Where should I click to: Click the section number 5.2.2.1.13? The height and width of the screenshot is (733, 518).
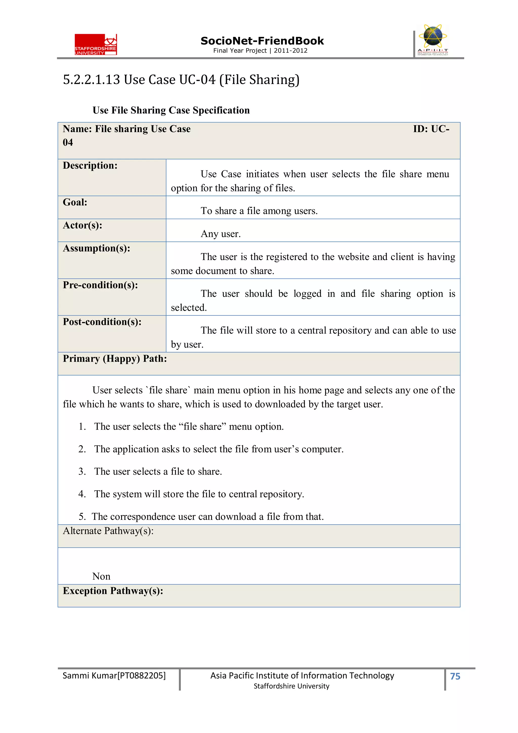point(91,80)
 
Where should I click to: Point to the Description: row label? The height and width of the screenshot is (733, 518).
point(90,166)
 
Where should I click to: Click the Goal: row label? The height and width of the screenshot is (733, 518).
point(75,202)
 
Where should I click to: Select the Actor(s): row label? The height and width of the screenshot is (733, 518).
point(82,225)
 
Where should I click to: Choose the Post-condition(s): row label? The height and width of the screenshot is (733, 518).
point(102,322)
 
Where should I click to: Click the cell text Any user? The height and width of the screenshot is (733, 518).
point(221,234)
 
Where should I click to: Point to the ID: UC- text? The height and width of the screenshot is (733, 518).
point(431,129)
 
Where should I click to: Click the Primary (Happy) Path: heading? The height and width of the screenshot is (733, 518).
point(115,359)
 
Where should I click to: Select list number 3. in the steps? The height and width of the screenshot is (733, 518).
point(82,472)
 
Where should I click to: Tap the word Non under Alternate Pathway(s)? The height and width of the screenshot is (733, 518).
point(101,576)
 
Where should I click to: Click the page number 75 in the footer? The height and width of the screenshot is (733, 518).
point(455,676)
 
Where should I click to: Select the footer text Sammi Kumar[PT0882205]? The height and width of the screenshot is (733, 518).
point(114,676)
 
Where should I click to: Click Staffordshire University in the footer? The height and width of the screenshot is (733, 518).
point(291,686)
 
